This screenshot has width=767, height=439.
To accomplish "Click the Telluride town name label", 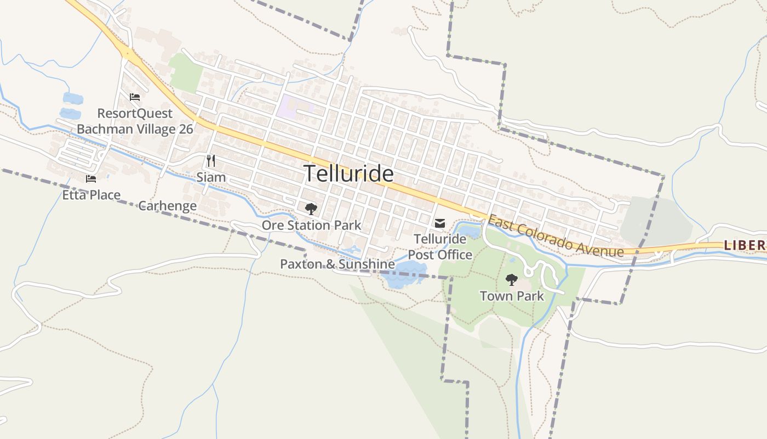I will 348,173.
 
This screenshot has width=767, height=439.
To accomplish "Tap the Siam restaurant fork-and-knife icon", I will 210,160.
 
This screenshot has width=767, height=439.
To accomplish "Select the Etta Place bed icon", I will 91,178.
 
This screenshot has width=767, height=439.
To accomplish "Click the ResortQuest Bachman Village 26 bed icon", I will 135,97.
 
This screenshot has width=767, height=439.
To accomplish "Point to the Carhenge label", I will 167,206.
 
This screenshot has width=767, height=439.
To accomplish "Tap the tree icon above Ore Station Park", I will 311,209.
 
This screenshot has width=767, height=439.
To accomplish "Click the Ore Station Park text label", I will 311,225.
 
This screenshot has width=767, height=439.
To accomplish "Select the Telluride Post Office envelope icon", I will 440,223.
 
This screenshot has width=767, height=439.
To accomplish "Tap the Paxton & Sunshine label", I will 337,264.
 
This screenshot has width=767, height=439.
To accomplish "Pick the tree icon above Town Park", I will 512,280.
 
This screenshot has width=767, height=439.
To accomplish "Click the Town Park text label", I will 512,296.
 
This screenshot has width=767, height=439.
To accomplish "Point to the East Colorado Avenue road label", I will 556,237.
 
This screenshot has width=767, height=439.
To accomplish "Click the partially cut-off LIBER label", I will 745,245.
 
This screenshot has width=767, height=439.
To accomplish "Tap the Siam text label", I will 211,177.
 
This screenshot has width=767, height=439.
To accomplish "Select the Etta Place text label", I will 91,195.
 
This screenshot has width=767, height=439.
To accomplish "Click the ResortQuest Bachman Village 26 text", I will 135,121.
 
